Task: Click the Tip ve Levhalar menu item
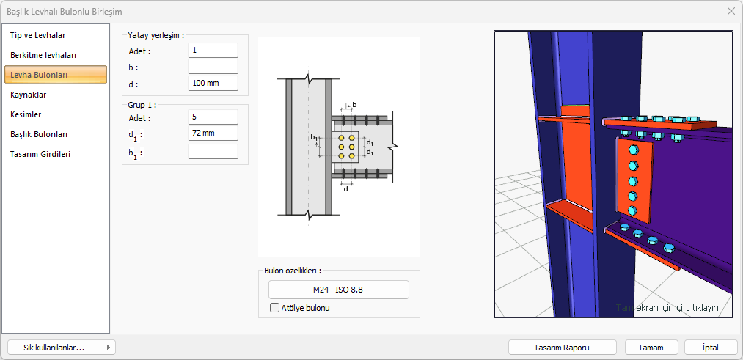(x=38, y=35)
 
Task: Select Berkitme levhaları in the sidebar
(x=43, y=55)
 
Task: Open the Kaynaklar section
(x=29, y=95)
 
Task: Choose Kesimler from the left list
(x=26, y=114)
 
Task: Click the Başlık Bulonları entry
(x=39, y=134)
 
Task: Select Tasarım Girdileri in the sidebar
(x=40, y=154)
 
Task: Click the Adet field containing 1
(x=213, y=50)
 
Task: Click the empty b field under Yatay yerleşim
(x=213, y=67)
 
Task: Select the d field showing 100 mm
(x=213, y=84)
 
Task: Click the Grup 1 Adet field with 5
(x=213, y=117)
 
